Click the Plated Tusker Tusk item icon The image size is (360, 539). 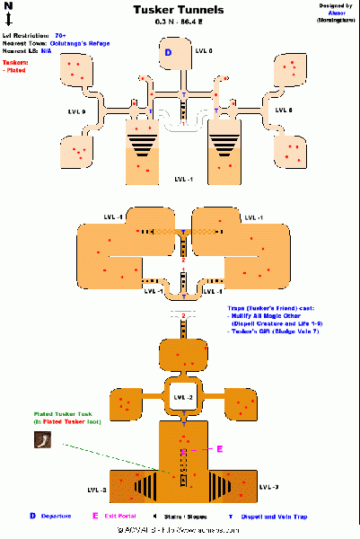41,440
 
